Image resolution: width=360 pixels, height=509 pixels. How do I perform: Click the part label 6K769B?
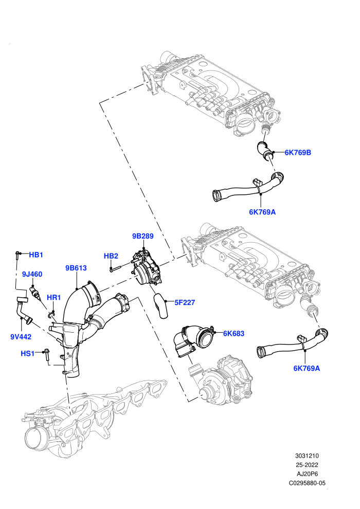pos(298,152)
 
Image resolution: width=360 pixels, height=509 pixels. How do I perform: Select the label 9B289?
pos(143,236)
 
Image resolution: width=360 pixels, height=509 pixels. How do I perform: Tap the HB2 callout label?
pos(111,256)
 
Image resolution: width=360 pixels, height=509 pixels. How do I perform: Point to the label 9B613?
pos(76,268)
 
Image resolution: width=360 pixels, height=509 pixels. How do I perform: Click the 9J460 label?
pos(32,275)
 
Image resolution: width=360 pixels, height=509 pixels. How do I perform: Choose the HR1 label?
pos(54,297)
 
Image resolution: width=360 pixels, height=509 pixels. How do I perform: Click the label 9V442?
pos(21,337)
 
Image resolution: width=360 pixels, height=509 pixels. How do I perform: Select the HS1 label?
pos(28,353)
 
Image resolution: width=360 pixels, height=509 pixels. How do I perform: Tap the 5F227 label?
pos(185,302)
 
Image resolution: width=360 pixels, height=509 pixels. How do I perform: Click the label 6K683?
pos(233,333)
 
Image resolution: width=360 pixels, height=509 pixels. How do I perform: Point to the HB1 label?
pos(36,255)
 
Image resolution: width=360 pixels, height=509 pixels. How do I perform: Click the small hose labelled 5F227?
pos(160,304)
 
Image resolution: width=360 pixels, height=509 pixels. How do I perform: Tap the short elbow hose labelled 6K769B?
pos(265,151)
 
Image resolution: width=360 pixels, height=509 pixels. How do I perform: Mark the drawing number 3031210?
pos(307,456)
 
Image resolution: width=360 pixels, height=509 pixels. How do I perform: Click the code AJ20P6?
pos(307,474)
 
